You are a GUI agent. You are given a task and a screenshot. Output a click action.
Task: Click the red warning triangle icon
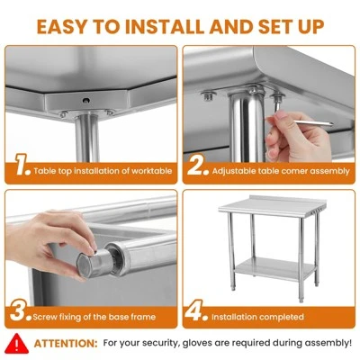coord(16,344)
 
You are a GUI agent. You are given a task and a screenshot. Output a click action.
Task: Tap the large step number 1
coord(22,165)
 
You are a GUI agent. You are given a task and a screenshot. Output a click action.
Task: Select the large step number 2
coord(198,165)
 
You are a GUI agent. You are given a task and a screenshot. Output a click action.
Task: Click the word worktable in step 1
coord(152,171)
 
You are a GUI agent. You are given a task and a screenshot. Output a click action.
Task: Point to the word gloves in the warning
coord(196,343)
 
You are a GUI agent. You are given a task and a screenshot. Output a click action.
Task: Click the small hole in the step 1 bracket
coord(86,101)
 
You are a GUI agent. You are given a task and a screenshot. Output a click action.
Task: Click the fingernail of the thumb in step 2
coord(282,115)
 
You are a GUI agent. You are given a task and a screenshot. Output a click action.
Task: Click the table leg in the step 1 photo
coord(87,138)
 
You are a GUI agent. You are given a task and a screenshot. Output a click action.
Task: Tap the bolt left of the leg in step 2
coord(209,96)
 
